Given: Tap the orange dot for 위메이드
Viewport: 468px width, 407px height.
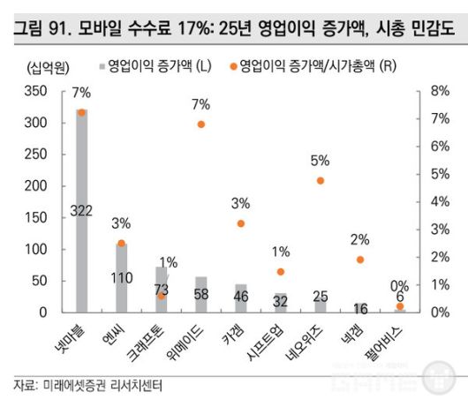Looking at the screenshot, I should click(x=200, y=124).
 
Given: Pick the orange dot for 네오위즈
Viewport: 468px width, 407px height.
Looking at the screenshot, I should click(x=321, y=180).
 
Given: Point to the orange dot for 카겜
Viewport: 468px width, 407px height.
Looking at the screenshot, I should click(x=241, y=223).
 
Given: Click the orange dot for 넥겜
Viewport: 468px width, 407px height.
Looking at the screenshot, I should click(x=360, y=260).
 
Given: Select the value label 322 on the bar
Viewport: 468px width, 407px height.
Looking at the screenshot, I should click(x=81, y=210).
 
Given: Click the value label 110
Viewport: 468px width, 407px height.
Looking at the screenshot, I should click(x=121, y=277).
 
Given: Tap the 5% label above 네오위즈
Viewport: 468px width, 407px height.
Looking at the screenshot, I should click(x=321, y=160).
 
